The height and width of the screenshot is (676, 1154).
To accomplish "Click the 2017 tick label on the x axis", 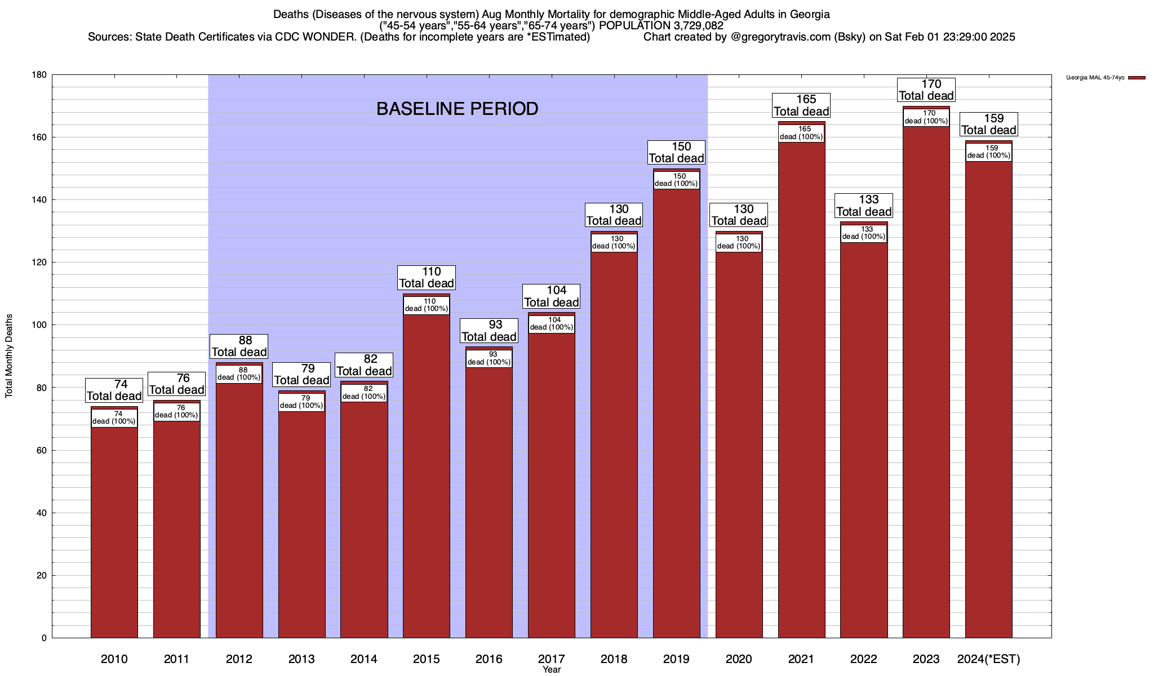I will tap(552, 659).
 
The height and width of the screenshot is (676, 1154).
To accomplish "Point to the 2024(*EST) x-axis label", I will tap(989, 659).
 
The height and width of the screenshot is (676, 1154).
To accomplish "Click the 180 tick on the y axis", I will tap(40, 75).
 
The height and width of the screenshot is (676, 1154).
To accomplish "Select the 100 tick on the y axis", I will tap(40, 325).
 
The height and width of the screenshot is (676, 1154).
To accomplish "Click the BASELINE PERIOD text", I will tap(457, 109).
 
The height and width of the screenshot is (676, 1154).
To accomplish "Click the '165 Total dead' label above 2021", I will tap(801, 105).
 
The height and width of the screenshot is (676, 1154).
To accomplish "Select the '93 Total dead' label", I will tap(489, 331).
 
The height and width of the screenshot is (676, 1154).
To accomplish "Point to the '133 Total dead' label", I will tap(864, 206).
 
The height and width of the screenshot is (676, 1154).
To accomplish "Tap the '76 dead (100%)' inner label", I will tap(177, 412).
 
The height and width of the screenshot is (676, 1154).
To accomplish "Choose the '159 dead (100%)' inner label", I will tap(989, 152).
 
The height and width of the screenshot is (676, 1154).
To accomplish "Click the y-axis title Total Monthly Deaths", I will tap(9, 356).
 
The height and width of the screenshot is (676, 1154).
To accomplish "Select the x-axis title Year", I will tap(552, 670).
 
